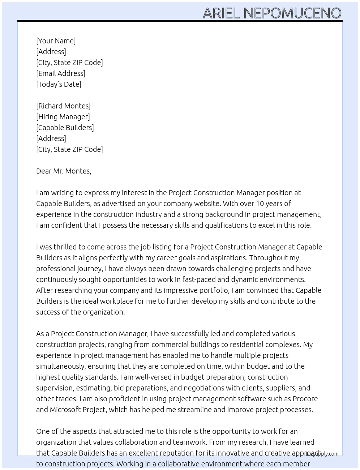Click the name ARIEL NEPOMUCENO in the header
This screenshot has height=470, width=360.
272,13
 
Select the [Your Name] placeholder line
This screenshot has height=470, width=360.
56,41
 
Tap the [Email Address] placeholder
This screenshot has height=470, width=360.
60,73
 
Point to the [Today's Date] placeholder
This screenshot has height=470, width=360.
59,84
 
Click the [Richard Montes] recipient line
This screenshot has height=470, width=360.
63,106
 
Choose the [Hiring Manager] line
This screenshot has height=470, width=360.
63,117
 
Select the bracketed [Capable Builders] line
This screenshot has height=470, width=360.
65,128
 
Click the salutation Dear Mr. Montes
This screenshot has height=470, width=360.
64,171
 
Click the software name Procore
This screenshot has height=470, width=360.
305,399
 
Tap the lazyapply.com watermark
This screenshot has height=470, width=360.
322,453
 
